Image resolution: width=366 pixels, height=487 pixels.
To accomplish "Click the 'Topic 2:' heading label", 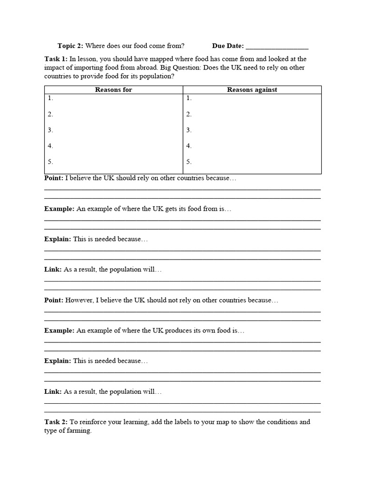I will pyautogui.click(x=70, y=46).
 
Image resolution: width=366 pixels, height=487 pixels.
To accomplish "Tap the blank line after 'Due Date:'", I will pyautogui.click(x=277, y=47).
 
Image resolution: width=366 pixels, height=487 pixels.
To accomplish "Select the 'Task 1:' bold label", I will pyautogui.click(x=56, y=59).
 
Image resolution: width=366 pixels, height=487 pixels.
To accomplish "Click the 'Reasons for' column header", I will pyautogui.click(x=113, y=89).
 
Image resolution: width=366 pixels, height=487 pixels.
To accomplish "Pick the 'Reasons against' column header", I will pyautogui.click(x=252, y=89).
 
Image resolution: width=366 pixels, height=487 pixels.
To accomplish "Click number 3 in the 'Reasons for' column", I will pyautogui.click(x=51, y=130).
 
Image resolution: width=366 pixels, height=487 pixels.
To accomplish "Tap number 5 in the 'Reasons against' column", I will pyautogui.click(x=189, y=162).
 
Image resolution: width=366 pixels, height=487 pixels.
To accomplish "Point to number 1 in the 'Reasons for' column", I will pyautogui.click(x=51, y=98).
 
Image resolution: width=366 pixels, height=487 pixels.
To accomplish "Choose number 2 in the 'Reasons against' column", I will pyautogui.click(x=189, y=114).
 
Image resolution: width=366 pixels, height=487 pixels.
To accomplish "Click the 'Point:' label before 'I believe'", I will pyautogui.click(x=54, y=178).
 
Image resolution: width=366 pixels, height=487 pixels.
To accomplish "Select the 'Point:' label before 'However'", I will pyautogui.click(x=54, y=300).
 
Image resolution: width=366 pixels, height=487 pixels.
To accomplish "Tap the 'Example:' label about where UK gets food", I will pyautogui.click(x=59, y=209).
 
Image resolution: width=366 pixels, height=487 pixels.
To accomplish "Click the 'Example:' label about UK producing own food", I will pyautogui.click(x=59, y=331).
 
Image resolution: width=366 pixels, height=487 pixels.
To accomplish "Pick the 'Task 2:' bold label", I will pyautogui.click(x=56, y=422).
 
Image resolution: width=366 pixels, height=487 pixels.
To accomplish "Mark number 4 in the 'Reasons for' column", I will pyautogui.click(x=51, y=146).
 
